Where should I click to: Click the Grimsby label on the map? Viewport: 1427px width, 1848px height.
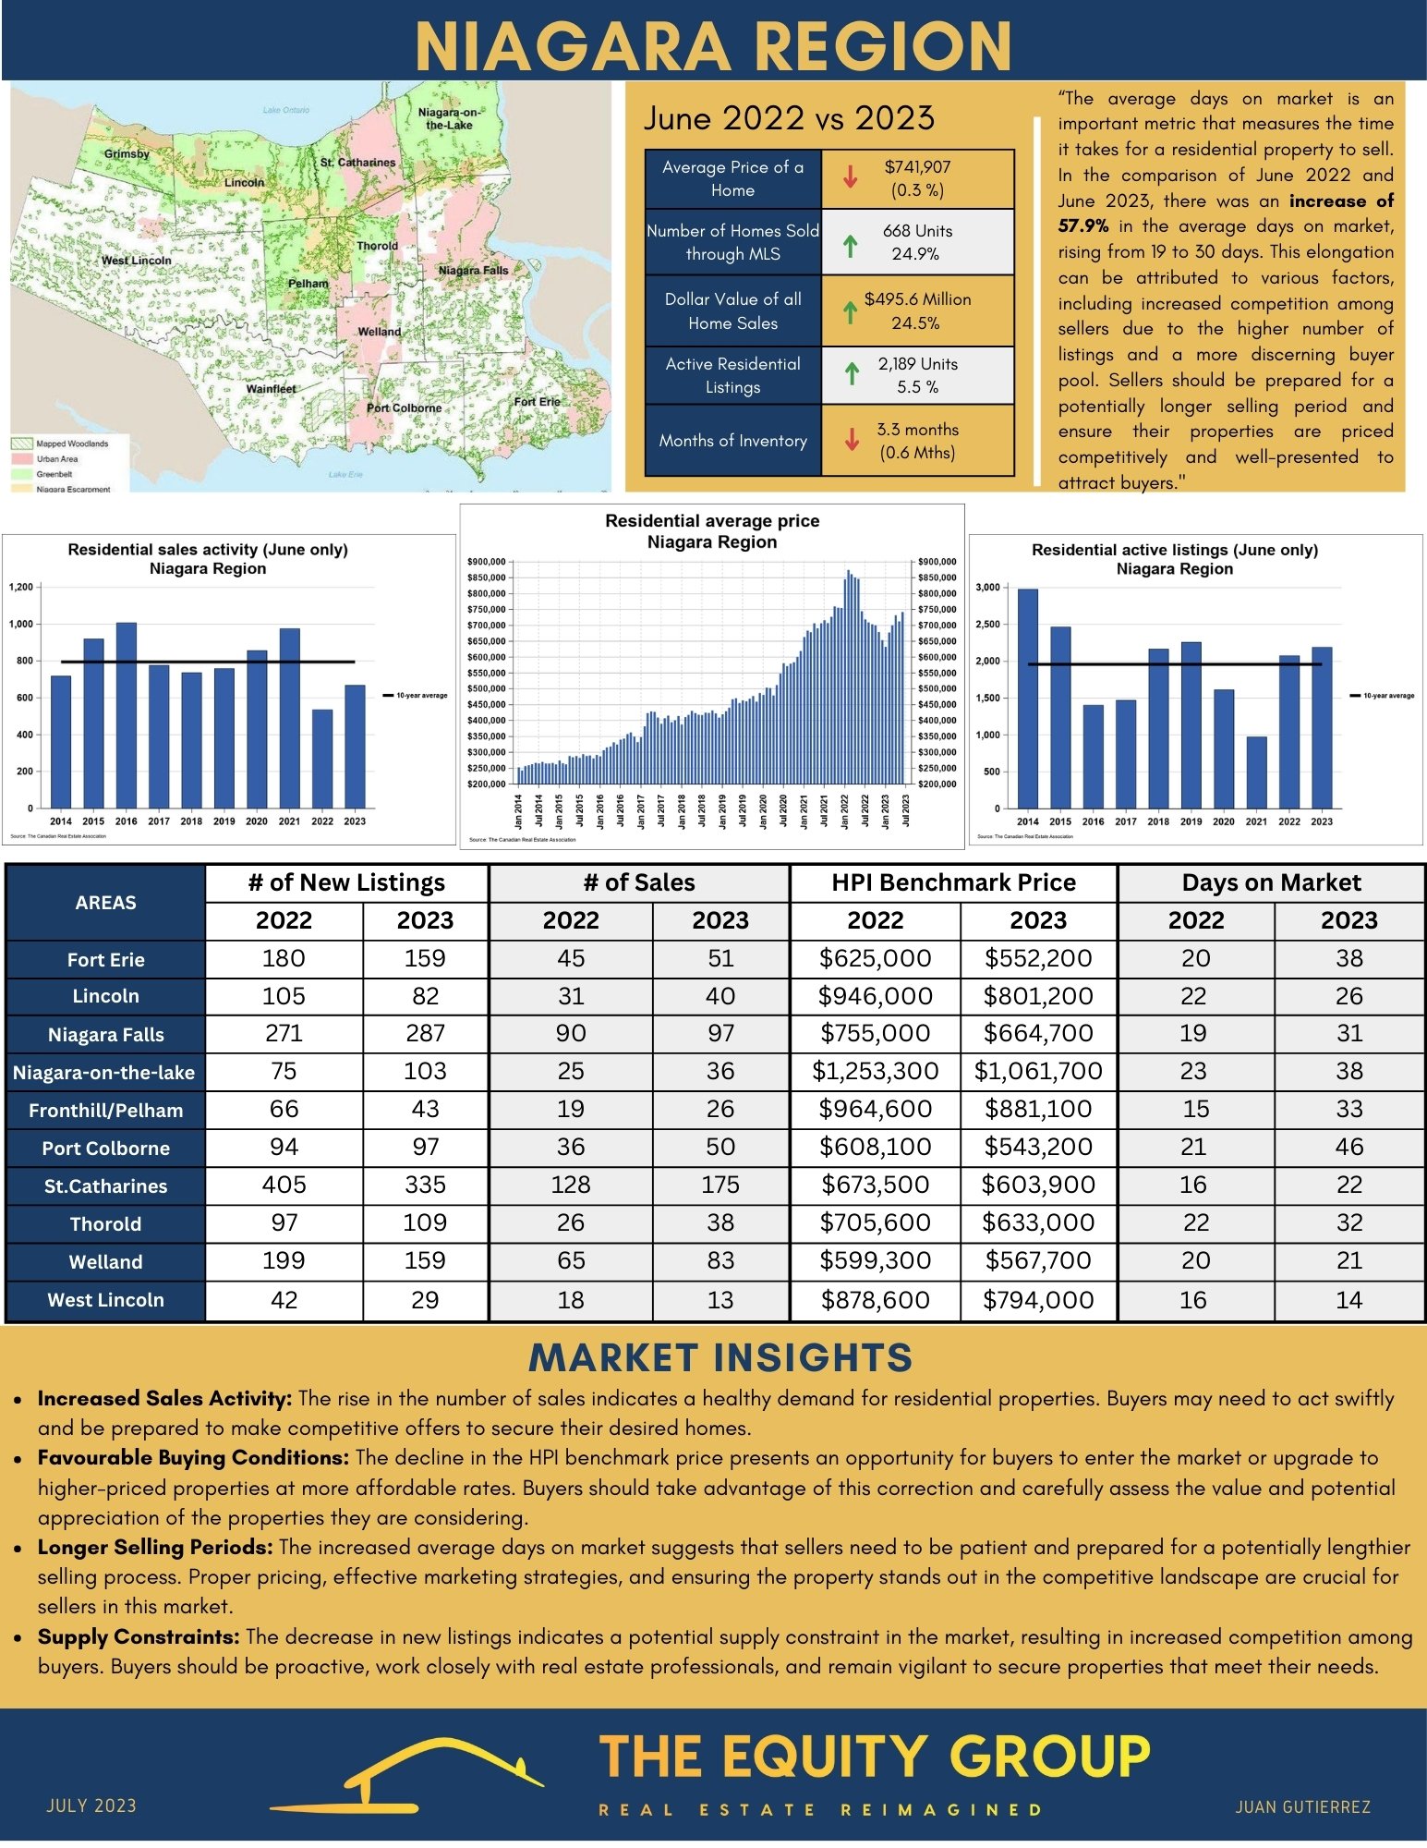click(127, 153)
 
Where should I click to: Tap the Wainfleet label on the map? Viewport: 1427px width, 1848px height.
click(271, 389)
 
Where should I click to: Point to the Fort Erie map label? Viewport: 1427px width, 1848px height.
click(537, 401)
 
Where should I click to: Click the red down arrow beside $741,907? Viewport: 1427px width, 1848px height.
click(851, 176)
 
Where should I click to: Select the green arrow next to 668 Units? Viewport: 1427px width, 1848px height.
click(851, 245)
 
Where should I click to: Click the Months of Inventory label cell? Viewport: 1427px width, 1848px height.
click(732, 441)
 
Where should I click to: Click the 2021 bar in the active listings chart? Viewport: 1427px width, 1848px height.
click(1256, 772)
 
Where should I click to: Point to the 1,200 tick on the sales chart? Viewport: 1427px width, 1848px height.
click(21, 587)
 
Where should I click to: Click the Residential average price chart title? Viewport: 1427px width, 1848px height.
click(712, 531)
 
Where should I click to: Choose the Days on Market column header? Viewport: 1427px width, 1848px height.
click(1271, 882)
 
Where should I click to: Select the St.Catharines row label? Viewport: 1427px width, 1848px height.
click(105, 1186)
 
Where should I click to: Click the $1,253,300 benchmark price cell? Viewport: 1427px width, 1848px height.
click(875, 1071)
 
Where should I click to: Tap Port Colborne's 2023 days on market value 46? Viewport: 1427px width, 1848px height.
click(1348, 1147)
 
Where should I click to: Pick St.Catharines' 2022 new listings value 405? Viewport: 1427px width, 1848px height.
click(284, 1185)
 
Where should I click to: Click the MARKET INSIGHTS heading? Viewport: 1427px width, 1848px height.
click(720, 1357)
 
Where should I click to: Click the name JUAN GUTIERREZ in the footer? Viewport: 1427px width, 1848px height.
click(1302, 1806)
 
